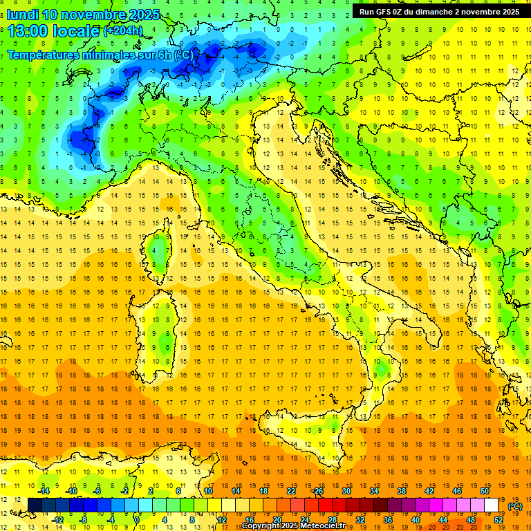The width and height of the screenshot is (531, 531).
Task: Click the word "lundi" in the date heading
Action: coord(22,15)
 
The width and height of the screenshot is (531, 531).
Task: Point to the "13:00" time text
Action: coord(32,31)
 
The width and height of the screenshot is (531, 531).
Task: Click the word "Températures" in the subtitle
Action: coord(42,55)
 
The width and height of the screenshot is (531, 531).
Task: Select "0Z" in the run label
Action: coord(402,12)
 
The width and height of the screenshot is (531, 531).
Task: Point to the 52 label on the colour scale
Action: coord(499,520)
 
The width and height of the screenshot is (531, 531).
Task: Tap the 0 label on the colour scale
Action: coord(137,520)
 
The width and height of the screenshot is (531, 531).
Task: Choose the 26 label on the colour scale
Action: coord(317,490)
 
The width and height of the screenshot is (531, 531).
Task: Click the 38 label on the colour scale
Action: coord(401,490)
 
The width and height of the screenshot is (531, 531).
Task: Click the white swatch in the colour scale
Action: coord(491,505)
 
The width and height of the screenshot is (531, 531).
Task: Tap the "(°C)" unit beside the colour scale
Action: coord(515,506)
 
